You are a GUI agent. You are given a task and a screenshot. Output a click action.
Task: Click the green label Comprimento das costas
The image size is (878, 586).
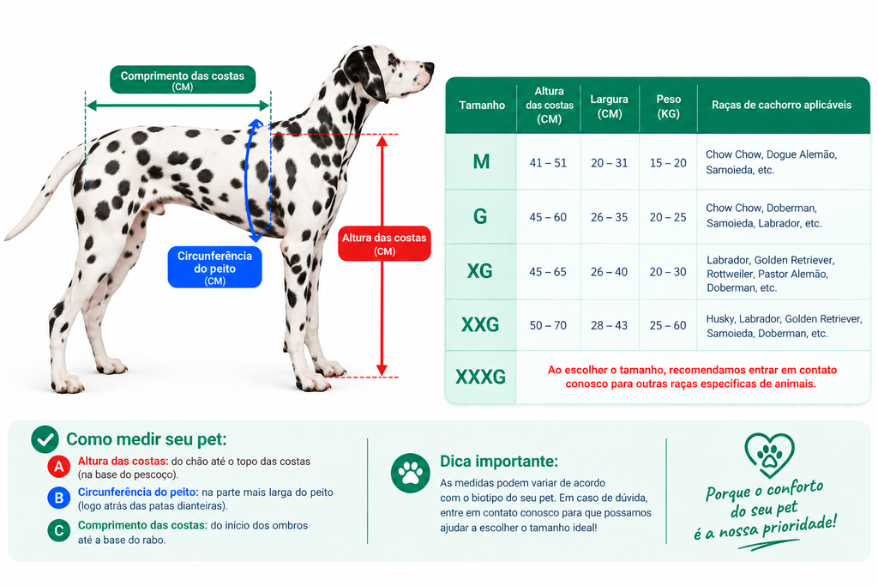point(183,80)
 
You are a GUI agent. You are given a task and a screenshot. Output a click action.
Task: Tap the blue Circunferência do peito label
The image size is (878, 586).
point(215,267)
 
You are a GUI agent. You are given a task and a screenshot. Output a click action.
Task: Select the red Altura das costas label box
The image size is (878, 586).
point(385,244)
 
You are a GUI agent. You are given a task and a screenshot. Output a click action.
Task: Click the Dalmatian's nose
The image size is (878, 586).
point(430,67)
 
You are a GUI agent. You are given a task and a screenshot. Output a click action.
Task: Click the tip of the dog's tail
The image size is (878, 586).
point(8,239)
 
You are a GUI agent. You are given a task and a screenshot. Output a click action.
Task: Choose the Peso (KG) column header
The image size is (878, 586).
point(669,106)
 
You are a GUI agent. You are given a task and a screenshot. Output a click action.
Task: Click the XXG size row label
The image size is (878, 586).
point(480,325)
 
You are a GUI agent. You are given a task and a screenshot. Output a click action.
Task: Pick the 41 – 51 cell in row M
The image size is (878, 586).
point(548,163)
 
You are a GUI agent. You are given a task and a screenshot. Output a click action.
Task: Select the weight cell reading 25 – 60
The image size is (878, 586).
point(668,325)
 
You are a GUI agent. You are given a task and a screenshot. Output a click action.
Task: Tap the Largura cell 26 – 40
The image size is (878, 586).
point(610,272)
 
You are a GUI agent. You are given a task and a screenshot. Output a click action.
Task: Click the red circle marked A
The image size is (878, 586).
point(59,467)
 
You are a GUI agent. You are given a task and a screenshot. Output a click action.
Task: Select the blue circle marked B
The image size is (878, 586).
point(59,498)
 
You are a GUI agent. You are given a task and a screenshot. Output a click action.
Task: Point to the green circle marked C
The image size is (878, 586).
point(59,530)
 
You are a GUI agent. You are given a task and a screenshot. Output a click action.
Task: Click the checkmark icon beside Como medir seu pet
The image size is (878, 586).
point(45,439)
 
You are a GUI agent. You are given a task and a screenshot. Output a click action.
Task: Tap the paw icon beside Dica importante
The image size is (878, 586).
point(411,473)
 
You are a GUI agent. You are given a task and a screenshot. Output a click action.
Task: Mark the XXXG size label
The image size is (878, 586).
point(480,377)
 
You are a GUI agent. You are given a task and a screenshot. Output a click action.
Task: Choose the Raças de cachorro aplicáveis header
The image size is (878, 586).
point(782,106)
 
